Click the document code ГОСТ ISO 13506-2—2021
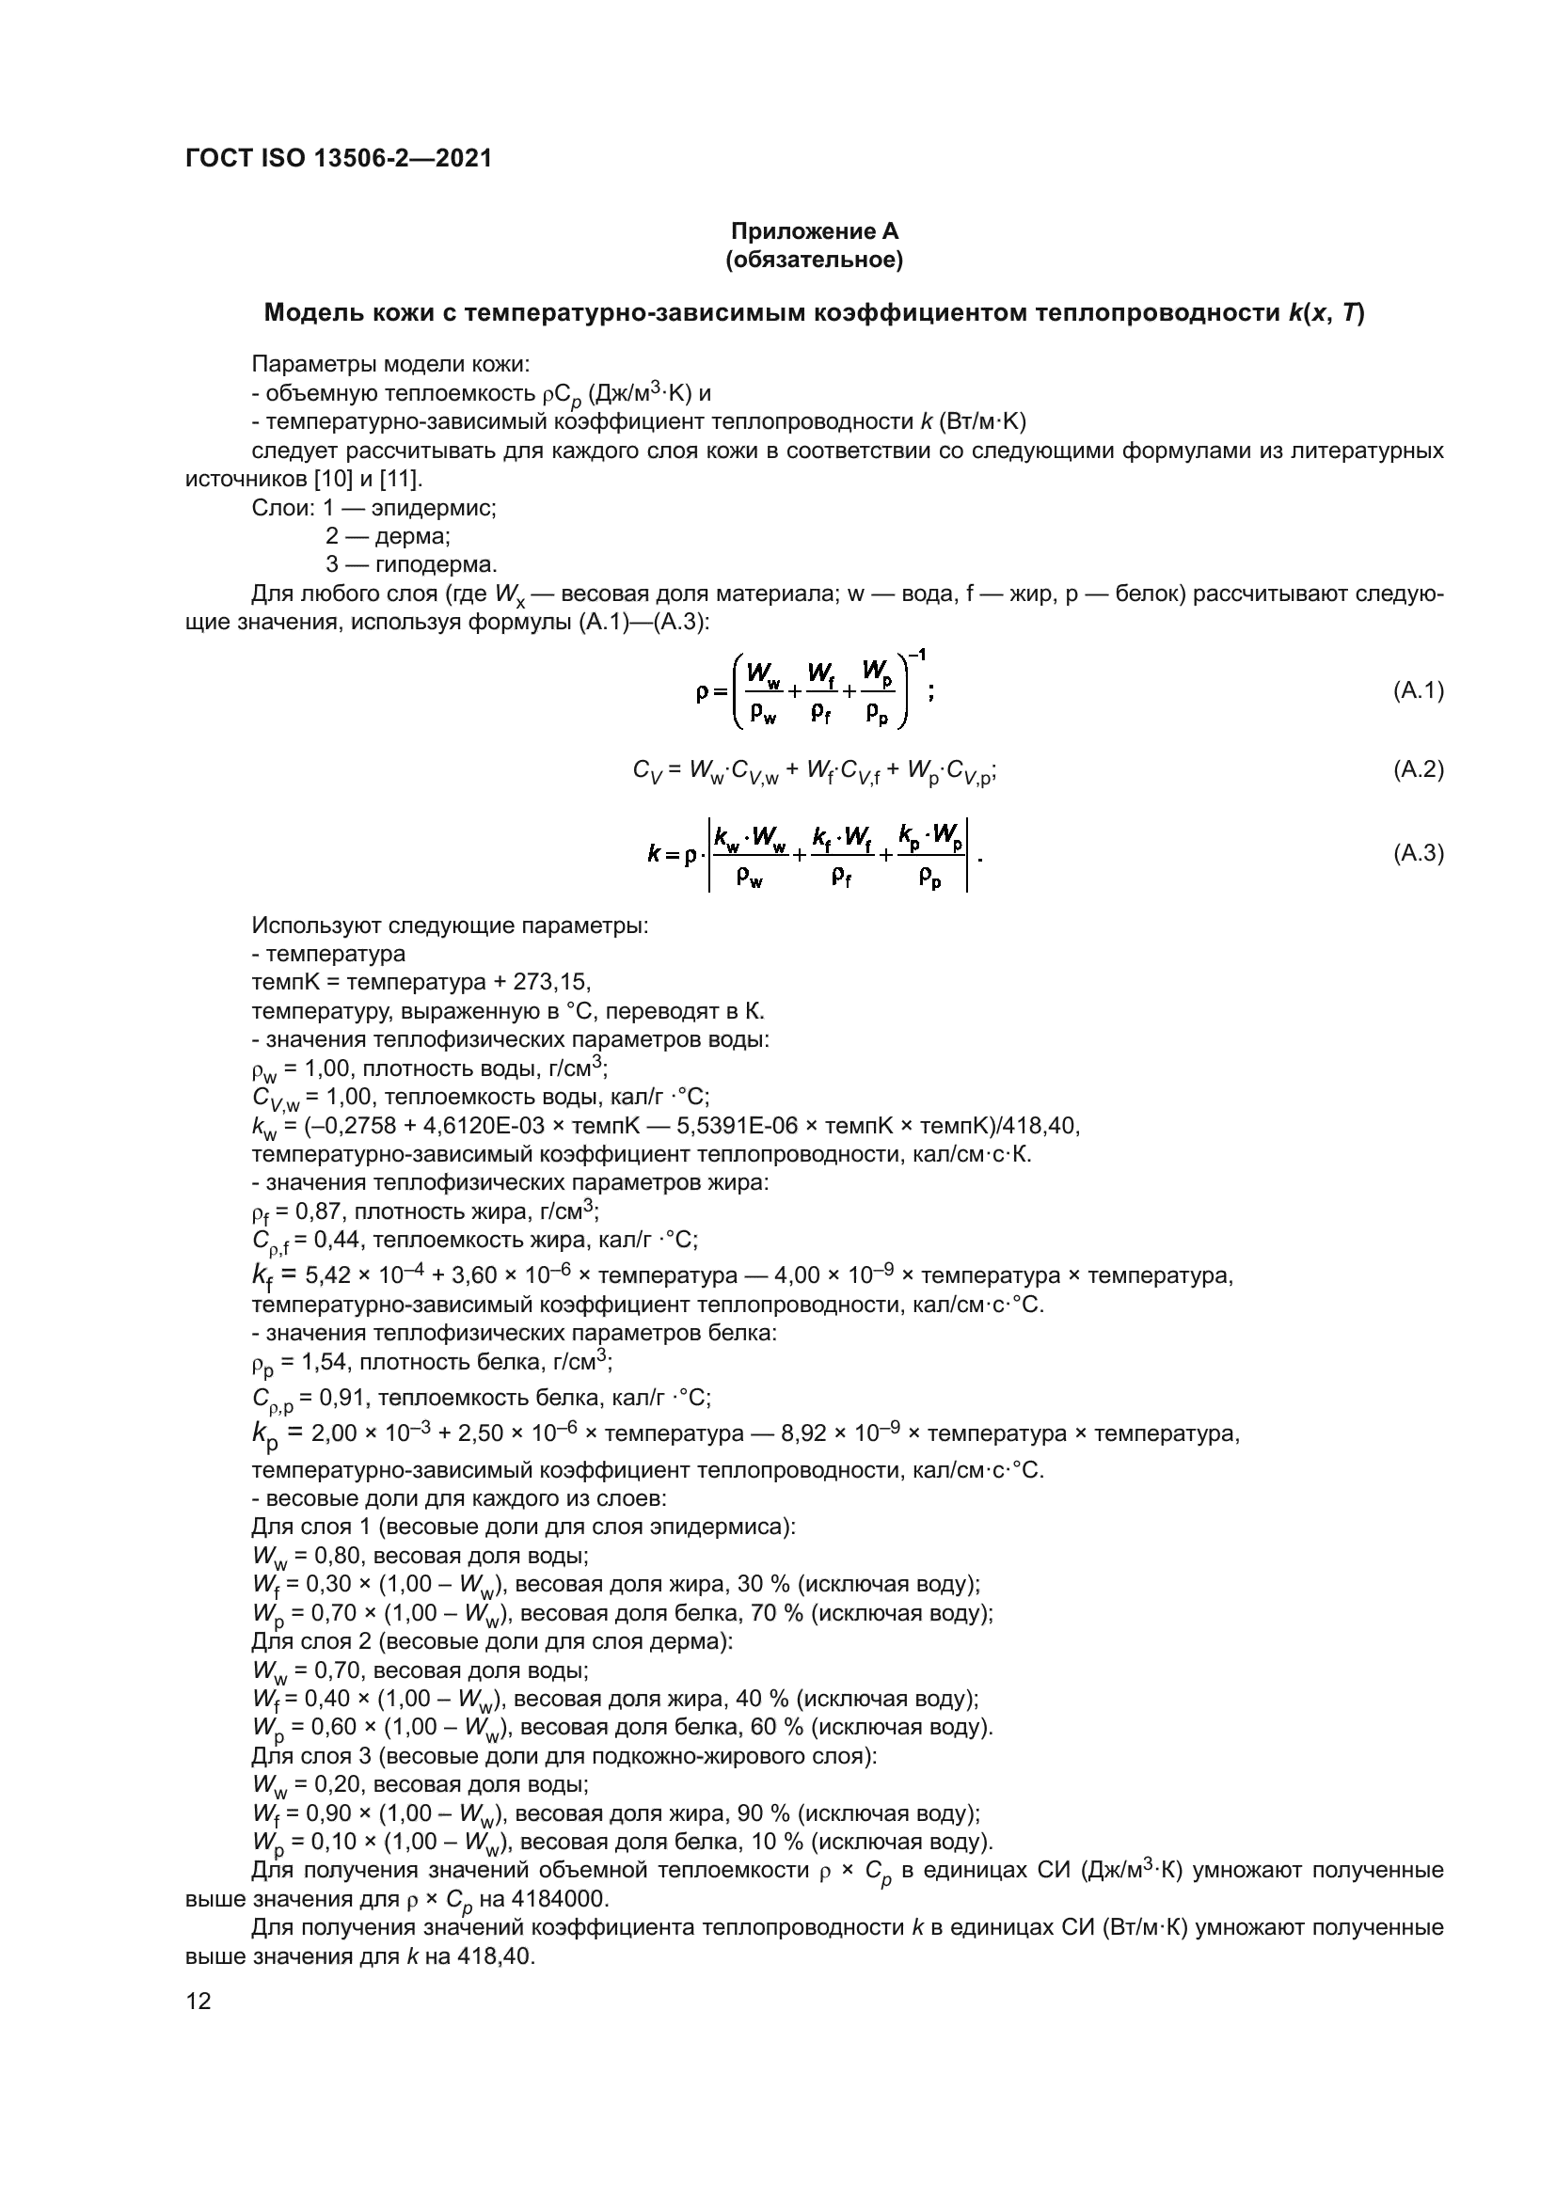point(339,158)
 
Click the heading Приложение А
point(815,231)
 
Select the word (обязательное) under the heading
point(815,260)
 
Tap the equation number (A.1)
point(1418,689)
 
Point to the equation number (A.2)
point(1418,768)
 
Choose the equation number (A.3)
point(1418,853)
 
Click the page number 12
point(198,2001)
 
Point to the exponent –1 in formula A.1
point(917,655)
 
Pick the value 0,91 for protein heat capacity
point(342,1398)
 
